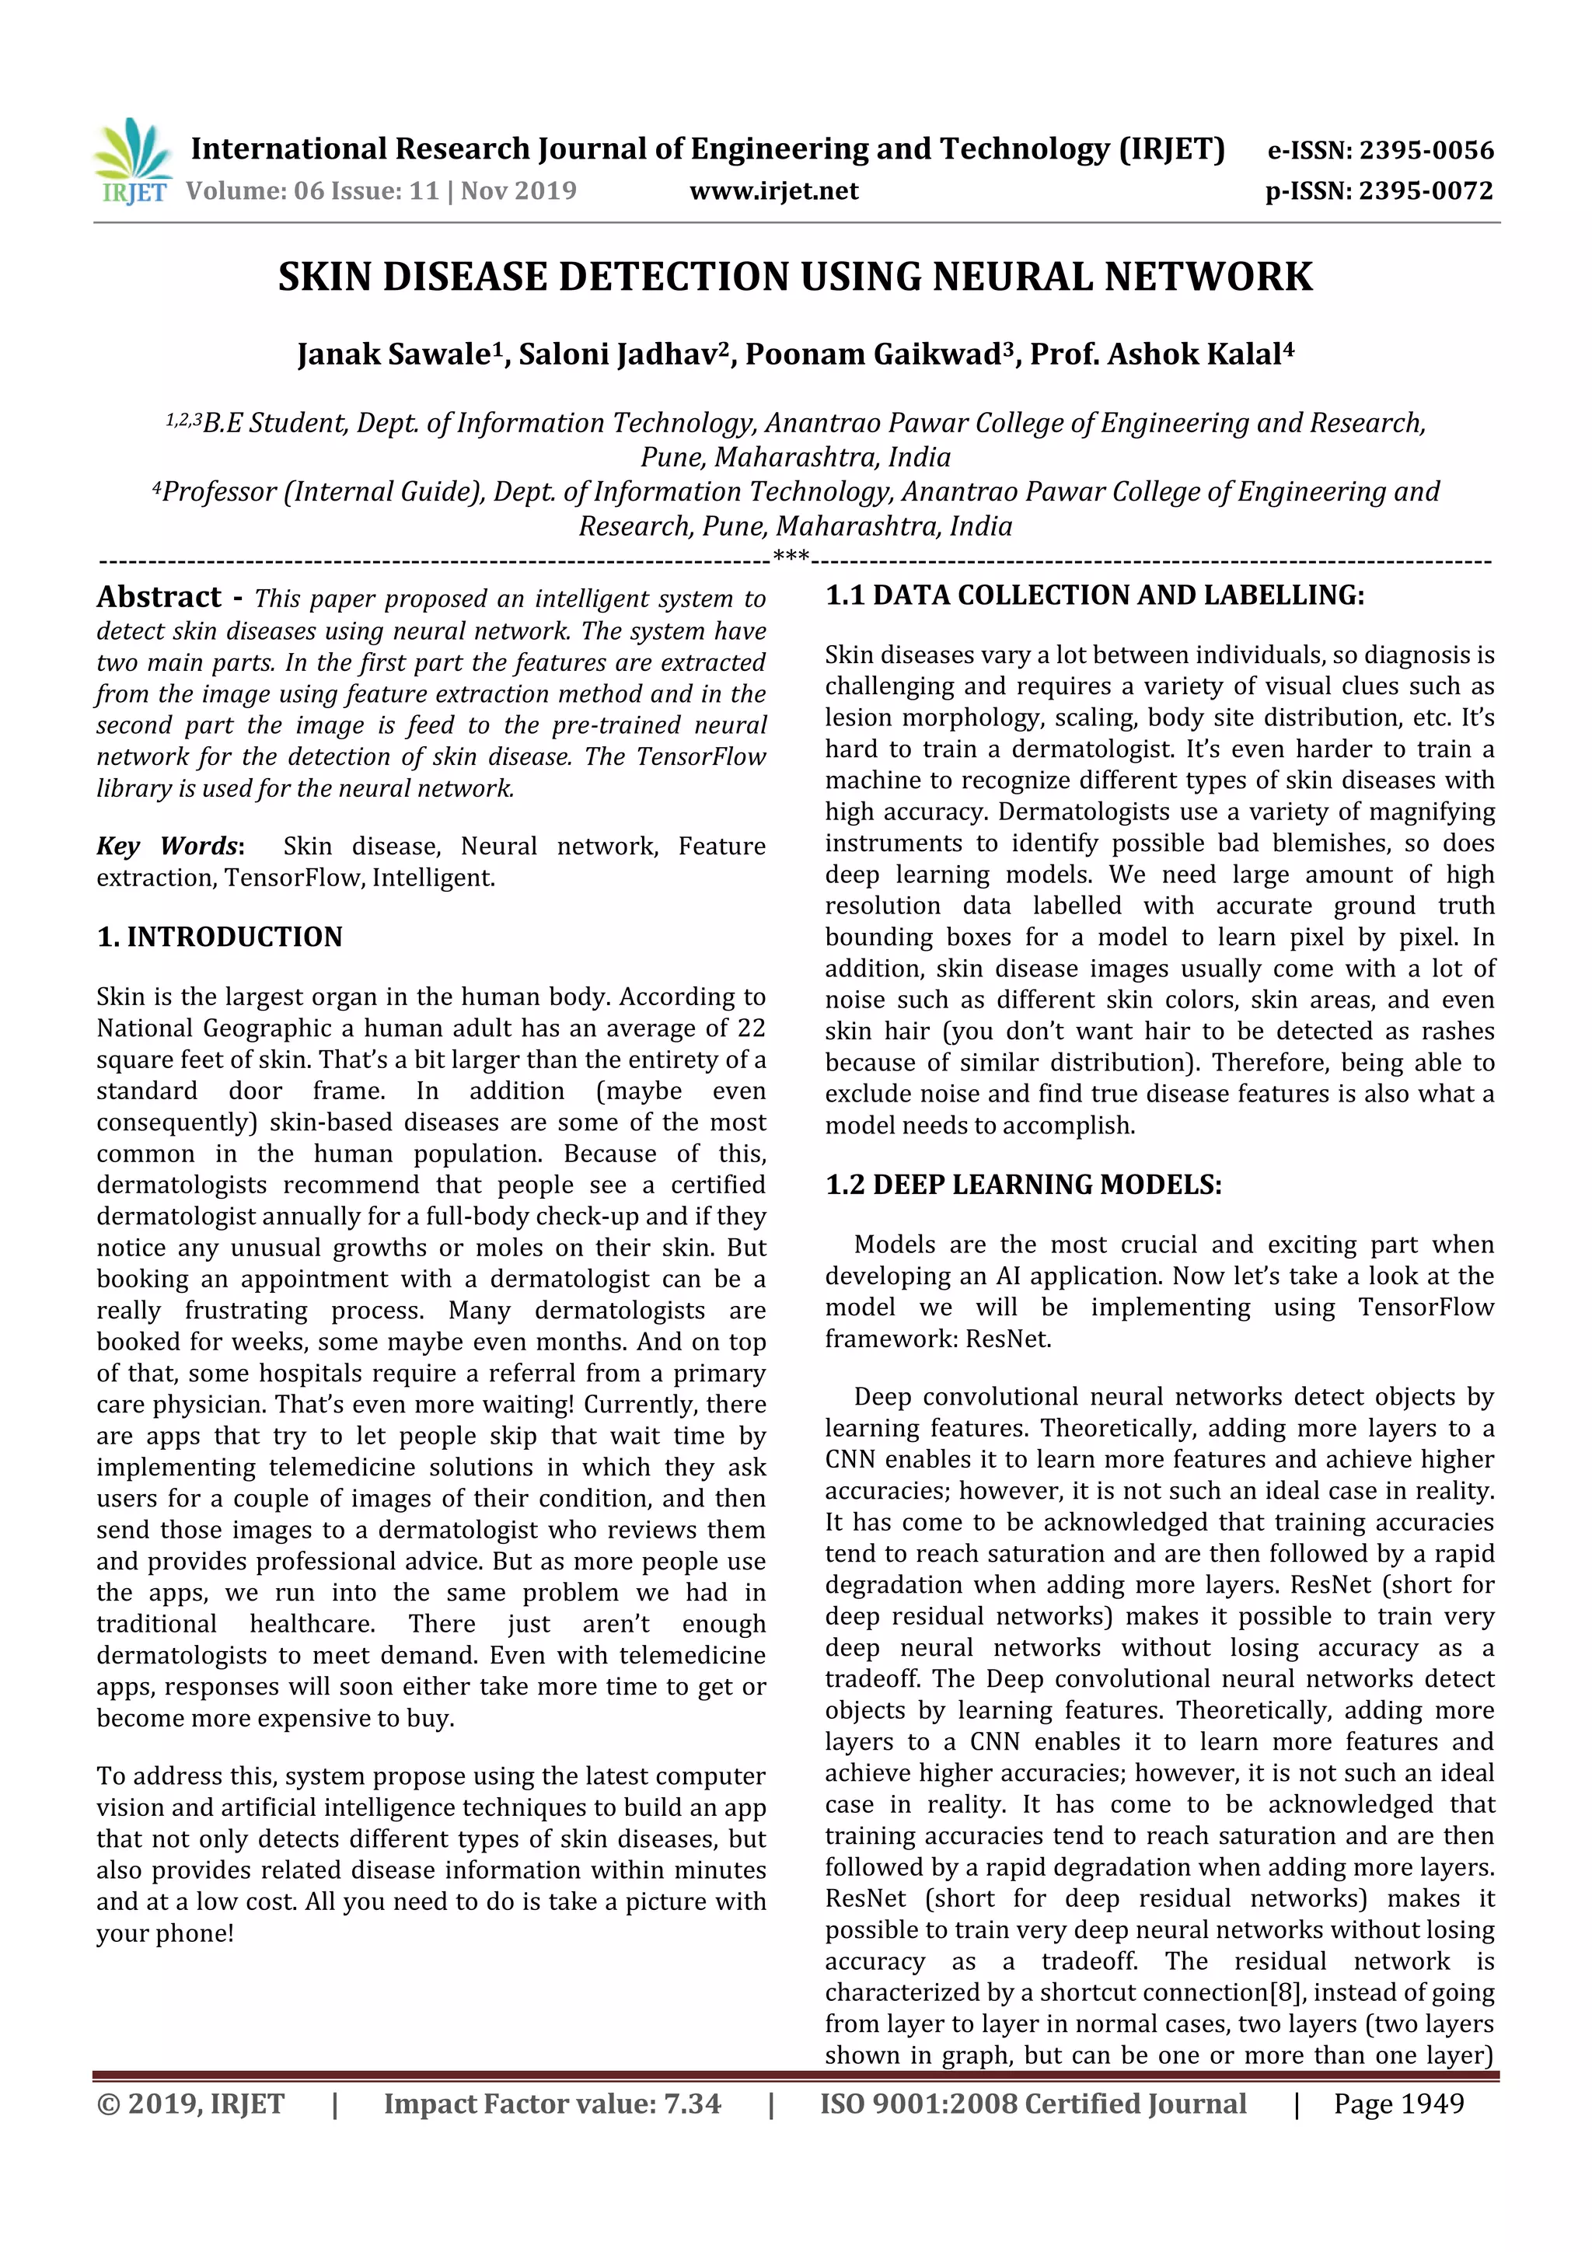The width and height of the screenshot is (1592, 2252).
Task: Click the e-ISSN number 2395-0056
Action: click(1425, 150)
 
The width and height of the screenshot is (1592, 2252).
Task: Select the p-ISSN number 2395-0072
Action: click(1425, 190)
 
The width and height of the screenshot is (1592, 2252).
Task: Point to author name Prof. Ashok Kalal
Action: click(1155, 354)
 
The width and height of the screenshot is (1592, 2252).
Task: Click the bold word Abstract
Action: click(159, 596)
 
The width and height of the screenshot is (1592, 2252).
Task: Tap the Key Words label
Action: click(168, 846)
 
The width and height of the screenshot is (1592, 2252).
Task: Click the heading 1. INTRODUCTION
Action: click(220, 937)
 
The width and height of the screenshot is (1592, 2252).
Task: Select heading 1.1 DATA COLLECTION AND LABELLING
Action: click(1094, 595)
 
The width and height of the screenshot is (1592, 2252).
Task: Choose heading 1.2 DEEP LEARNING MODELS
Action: click(1023, 1185)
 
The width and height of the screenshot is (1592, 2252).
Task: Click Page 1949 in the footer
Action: click(1398, 2103)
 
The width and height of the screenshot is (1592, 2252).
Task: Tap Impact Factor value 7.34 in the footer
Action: click(551, 2103)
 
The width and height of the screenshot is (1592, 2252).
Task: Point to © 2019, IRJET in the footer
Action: click(190, 2103)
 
